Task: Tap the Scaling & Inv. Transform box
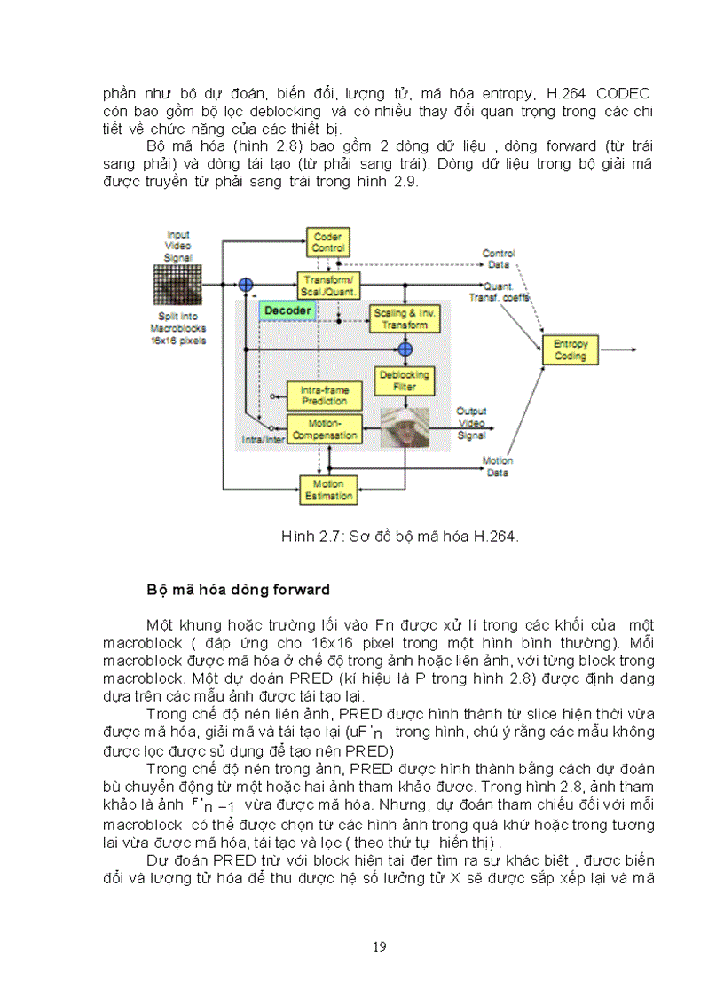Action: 405,319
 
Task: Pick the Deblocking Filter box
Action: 405,381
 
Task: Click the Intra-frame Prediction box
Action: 324,396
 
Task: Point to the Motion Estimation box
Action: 328,490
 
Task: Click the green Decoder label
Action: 287,310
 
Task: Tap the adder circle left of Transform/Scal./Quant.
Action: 246,285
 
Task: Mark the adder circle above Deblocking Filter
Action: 405,349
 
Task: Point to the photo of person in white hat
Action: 405,427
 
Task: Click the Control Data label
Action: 498,258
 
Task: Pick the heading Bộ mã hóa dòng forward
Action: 238,590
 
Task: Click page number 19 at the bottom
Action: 379,946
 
